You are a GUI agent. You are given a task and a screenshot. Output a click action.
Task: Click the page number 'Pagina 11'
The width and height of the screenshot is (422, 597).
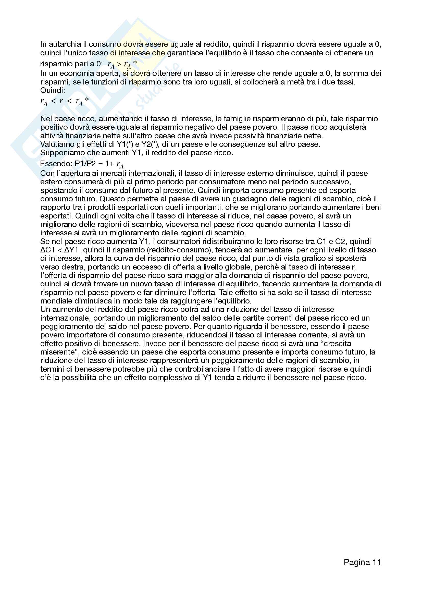click(362, 562)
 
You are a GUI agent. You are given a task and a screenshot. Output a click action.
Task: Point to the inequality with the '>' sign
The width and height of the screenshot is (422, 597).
click(122, 64)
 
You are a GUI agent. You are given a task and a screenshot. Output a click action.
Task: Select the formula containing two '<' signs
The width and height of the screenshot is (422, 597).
click(65, 101)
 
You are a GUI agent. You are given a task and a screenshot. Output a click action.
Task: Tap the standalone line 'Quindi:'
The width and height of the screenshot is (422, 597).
click(53, 91)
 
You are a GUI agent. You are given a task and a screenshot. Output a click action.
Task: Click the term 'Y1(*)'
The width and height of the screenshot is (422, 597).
click(125, 144)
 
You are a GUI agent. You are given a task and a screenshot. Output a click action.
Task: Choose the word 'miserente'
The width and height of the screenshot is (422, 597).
click(57, 352)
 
